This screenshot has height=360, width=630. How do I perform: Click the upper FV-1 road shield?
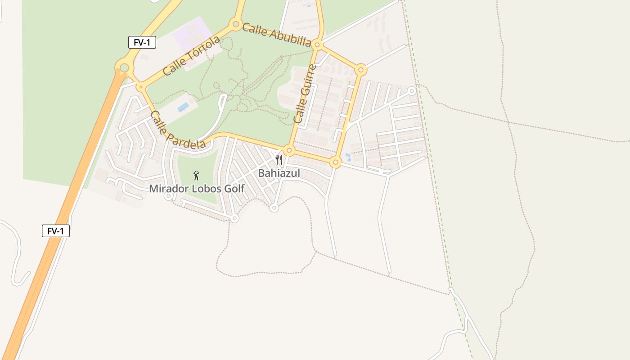click(142, 43)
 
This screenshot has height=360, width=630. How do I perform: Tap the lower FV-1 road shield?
click(56, 231)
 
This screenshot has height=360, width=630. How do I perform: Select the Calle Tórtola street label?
click(192, 56)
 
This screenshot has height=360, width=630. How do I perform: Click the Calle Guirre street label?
click(305, 94)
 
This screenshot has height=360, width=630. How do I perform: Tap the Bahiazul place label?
click(279, 173)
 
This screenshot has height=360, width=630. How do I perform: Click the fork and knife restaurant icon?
click(279, 160)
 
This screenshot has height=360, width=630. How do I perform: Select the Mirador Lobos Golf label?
click(197, 189)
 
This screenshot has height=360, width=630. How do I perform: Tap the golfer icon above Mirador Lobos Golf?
click(196, 175)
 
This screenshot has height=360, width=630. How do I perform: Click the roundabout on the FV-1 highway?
click(124, 68)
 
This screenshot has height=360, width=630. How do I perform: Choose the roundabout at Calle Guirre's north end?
click(317, 45)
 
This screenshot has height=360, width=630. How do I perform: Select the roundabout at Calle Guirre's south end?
click(289, 150)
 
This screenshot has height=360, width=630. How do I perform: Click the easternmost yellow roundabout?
click(360, 70)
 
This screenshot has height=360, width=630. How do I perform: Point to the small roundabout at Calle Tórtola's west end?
click(141, 87)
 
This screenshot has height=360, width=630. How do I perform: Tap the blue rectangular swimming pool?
click(183, 107)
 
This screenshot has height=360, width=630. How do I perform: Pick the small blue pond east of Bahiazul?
click(347, 157)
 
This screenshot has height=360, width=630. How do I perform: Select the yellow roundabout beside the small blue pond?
click(335, 162)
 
